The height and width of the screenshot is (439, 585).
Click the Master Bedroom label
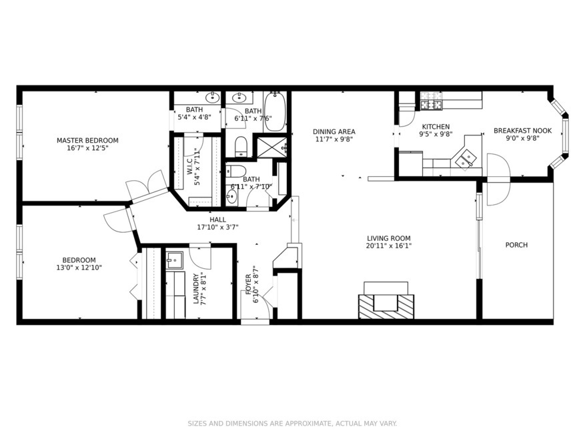[87, 140]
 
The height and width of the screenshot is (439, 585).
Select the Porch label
[516, 245]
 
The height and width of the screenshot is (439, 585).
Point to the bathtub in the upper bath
[275, 111]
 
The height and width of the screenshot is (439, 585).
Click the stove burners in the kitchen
[432, 105]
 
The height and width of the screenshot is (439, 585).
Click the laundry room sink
[174, 260]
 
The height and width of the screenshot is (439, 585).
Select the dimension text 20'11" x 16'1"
[389, 246]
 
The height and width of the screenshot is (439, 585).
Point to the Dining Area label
[334, 131]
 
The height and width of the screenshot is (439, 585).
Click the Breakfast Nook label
[522, 131]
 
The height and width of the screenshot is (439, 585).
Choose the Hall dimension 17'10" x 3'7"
[217, 227]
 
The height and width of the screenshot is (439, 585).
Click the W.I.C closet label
[190, 167]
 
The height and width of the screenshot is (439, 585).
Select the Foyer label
[249, 284]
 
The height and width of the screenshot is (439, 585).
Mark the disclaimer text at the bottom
[292, 423]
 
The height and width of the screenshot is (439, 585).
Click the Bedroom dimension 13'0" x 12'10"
[79, 268]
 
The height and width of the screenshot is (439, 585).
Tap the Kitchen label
[436, 127]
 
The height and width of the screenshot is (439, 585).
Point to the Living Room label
[389, 238]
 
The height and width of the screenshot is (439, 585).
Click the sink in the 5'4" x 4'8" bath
[213, 98]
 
